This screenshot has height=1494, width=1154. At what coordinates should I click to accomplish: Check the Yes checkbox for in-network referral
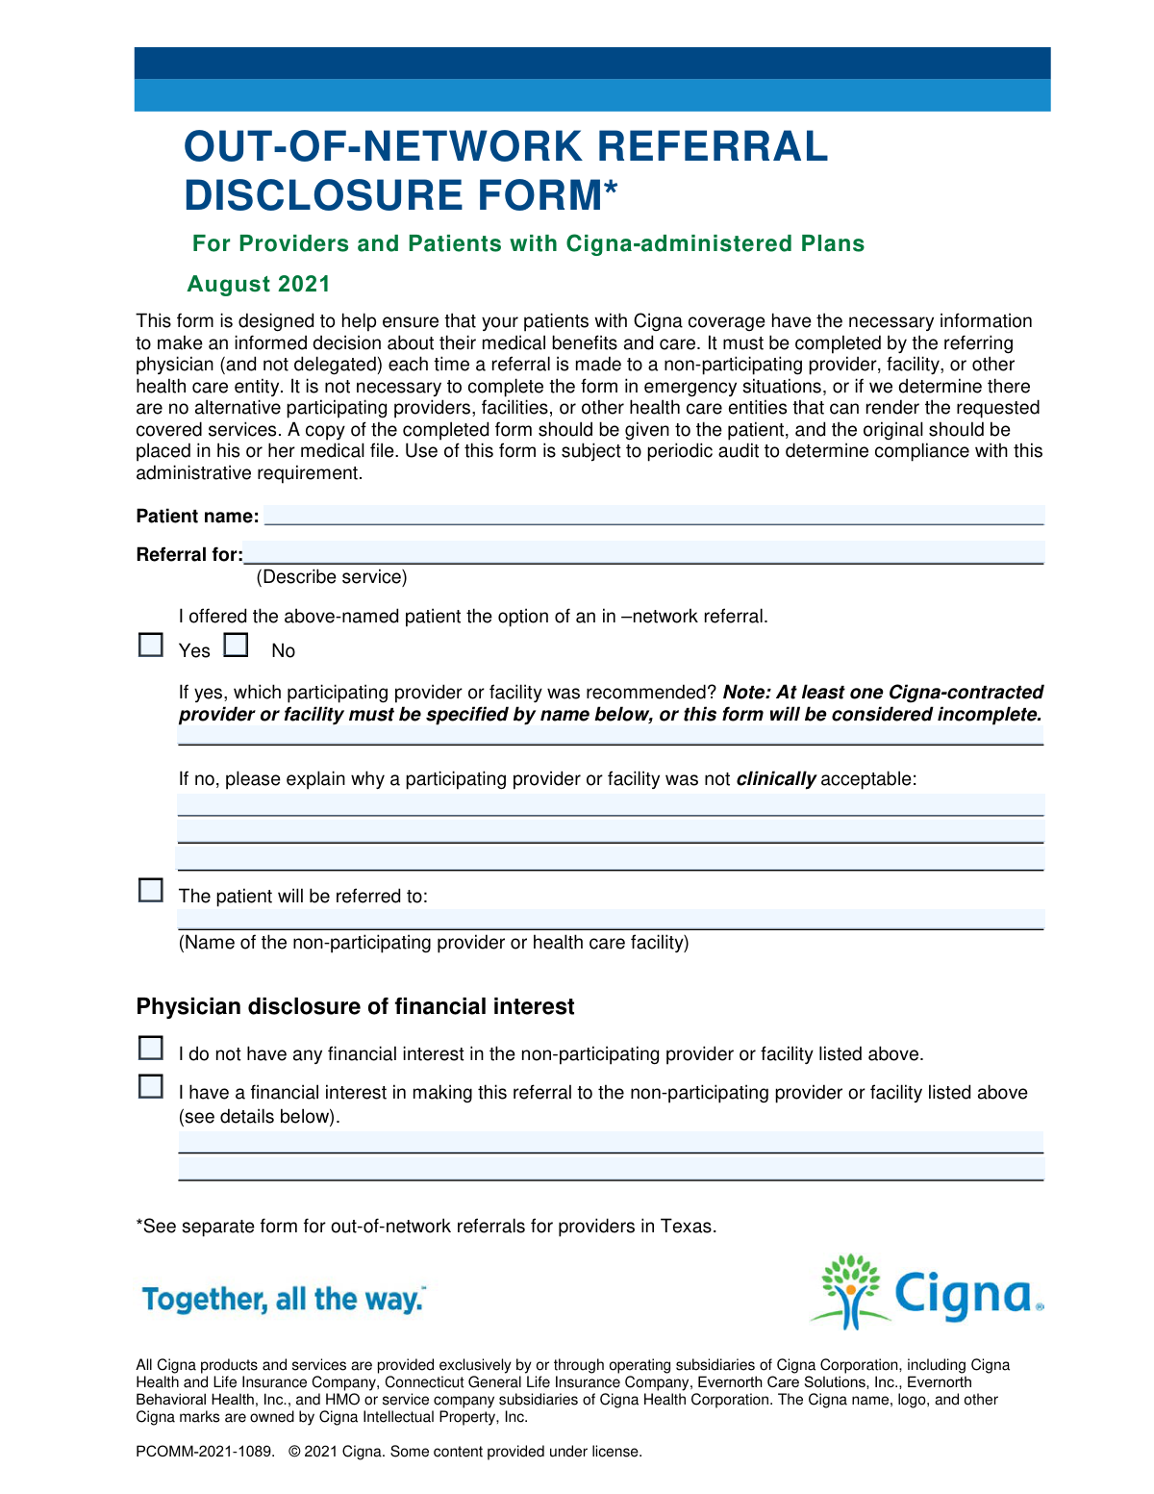tap(151, 645)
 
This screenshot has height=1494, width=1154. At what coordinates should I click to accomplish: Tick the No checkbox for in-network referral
tap(236, 645)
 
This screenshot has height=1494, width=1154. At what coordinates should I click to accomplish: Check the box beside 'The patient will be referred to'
tap(151, 891)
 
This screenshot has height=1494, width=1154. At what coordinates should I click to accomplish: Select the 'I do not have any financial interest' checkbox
tap(151, 1048)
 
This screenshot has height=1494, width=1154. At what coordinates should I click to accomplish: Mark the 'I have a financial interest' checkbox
tap(151, 1087)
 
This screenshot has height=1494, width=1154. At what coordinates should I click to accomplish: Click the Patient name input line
tap(654, 515)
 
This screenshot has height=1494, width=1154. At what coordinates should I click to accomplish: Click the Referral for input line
tap(643, 553)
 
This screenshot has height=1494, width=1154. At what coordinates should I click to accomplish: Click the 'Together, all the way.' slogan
tap(284, 1300)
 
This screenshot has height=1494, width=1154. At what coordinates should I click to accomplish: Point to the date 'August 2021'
tap(259, 284)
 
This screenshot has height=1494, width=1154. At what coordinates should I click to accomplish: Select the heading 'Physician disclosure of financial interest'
tap(355, 1006)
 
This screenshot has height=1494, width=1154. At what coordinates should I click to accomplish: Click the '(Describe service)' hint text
tap(332, 577)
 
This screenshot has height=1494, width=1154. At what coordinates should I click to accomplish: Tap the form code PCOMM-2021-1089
tap(205, 1452)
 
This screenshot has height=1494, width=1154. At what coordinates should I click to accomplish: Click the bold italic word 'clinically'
tap(776, 779)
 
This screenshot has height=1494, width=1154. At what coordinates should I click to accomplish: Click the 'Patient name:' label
tap(197, 517)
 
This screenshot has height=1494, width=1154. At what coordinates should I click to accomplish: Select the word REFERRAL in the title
tap(712, 146)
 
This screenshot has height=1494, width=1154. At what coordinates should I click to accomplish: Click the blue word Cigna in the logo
tap(964, 1294)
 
